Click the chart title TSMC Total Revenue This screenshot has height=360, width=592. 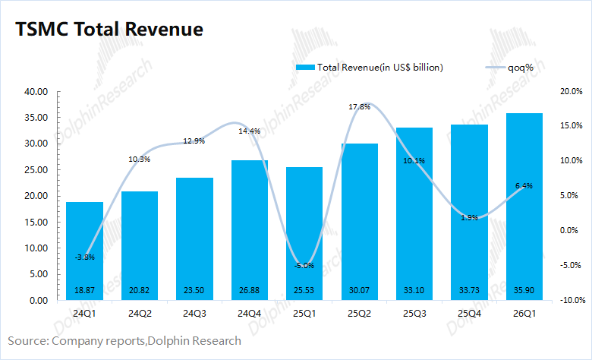click(109, 30)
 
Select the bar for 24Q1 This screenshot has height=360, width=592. click(85, 251)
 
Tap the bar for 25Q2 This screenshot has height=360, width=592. click(359, 220)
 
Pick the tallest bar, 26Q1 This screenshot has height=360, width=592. click(524, 205)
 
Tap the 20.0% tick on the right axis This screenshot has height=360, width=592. click(570, 91)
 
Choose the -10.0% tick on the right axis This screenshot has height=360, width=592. click(569, 300)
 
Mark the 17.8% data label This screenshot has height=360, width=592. click(359, 107)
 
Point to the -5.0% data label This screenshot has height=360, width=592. click(304, 265)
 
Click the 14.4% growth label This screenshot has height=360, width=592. click(250, 131)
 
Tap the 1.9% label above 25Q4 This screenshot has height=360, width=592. click(469, 218)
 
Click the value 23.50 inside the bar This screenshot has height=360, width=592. click(194, 291)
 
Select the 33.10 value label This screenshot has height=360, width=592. click(414, 291)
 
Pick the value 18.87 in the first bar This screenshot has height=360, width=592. click(85, 291)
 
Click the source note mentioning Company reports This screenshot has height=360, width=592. click(124, 341)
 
